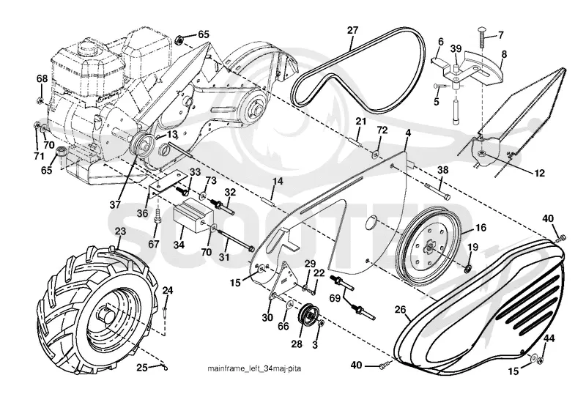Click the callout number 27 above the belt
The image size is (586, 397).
(352, 30)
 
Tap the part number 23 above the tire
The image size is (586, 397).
(120, 231)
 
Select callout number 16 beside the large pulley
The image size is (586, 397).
(481, 228)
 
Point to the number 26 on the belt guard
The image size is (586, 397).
(401, 310)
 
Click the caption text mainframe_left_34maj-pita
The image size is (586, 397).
(254, 368)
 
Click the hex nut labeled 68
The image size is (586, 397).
(40, 100)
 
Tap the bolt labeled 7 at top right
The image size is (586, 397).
(482, 37)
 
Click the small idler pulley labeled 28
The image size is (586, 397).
(308, 316)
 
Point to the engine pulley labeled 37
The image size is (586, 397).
(142, 144)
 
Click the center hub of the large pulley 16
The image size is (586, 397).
(429, 247)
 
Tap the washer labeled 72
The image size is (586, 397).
(375, 153)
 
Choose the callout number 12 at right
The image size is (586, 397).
(539, 173)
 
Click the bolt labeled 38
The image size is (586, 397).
(437, 190)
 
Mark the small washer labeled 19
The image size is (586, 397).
(467, 268)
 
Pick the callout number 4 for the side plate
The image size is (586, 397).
(408, 133)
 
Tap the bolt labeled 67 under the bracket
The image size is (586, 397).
(157, 215)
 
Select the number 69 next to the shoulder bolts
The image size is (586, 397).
(335, 298)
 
